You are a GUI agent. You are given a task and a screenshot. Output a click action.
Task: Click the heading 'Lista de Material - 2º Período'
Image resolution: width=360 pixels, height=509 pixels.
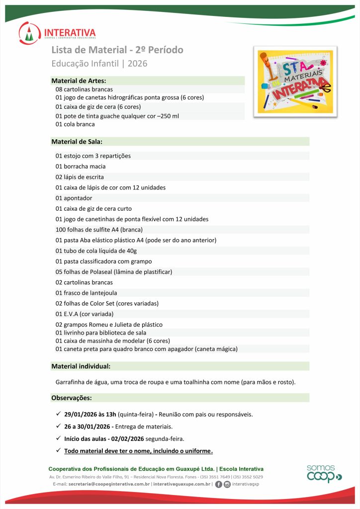(117, 50)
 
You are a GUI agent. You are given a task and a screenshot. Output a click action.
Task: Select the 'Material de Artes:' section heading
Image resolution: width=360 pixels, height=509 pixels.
(79, 81)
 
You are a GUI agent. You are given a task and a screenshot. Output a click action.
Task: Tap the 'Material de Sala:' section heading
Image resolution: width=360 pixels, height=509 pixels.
(77, 142)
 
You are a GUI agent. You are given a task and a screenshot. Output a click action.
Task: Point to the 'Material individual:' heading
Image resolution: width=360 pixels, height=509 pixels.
(81, 366)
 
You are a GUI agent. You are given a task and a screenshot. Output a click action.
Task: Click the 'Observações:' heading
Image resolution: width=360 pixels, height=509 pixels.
(72, 398)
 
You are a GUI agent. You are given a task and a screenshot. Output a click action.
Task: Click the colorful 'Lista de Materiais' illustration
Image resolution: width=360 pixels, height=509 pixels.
(295, 82)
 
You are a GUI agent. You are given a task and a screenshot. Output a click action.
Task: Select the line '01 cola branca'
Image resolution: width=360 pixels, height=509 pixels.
(75, 124)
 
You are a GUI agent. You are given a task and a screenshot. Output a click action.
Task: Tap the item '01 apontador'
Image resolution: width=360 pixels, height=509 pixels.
(74, 198)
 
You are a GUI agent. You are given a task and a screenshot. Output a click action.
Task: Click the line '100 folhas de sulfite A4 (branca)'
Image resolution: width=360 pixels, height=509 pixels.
(99, 230)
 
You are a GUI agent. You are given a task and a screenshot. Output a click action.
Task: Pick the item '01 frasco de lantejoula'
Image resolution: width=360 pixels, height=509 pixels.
(86, 293)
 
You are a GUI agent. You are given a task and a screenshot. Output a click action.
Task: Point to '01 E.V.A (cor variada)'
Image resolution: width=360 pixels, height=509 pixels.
(85, 314)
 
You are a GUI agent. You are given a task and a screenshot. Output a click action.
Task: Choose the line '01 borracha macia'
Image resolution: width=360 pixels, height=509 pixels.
(81, 167)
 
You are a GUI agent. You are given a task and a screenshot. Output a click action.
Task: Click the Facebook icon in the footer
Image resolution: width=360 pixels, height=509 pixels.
(219, 484)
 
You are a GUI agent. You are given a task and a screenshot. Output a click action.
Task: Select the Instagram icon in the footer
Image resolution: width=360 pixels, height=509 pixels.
(227, 484)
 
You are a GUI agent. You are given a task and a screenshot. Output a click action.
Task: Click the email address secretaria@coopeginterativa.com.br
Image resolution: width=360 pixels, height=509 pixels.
(109, 484)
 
